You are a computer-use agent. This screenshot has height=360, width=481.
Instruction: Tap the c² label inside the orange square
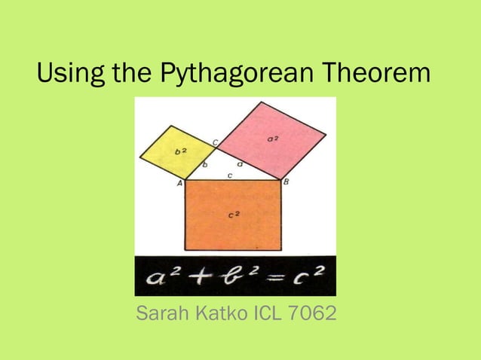click(234, 215)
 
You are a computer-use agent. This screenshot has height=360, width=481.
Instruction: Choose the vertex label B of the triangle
click(285, 182)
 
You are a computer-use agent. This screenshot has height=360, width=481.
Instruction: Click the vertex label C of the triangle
click(216, 142)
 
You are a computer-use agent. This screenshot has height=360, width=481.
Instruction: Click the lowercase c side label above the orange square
click(229, 175)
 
